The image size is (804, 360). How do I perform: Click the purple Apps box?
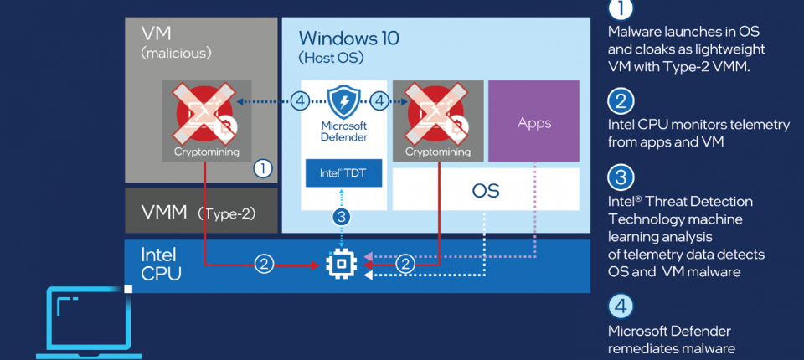pyautogui.click(x=533, y=121)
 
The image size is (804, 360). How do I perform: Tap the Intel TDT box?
pyautogui.click(x=343, y=174)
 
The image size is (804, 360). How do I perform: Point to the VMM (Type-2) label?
pyautogui.click(x=199, y=212)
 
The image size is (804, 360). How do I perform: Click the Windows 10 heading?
pyautogui.click(x=349, y=38)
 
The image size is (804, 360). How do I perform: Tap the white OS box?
pyautogui.click(x=486, y=190)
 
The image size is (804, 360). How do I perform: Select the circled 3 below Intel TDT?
pyautogui.click(x=342, y=217)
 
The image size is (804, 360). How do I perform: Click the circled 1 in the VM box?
pyautogui.click(x=262, y=168)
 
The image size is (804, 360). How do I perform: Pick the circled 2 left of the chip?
pyautogui.click(x=264, y=264)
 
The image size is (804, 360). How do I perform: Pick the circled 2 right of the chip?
pyautogui.click(x=405, y=264)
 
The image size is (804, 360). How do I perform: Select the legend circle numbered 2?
pyautogui.click(x=620, y=102)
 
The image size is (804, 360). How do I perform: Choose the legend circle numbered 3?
pyautogui.click(x=620, y=177)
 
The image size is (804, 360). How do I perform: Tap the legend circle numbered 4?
pyautogui.click(x=620, y=306)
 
